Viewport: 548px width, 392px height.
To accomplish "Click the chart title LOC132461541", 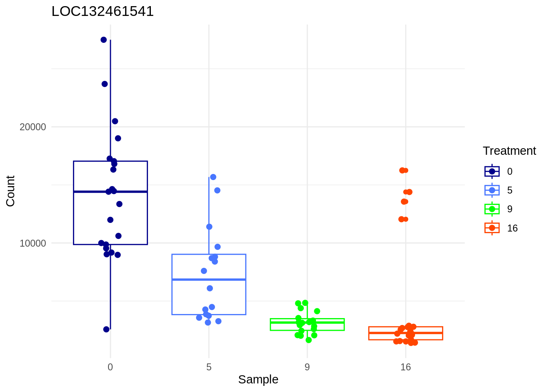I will (103, 11).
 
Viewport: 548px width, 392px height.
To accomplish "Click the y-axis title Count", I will (11, 191).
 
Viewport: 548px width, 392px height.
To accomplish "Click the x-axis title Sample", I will (258, 379).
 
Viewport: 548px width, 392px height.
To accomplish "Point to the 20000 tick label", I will (33, 127).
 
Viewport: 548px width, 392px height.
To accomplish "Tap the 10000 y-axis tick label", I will (33, 243).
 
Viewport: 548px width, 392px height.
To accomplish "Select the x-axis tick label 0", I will (110, 367).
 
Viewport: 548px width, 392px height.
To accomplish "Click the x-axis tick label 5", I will (209, 367).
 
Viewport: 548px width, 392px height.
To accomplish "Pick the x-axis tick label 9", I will (307, 367).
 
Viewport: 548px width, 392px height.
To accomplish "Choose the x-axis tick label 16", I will (406, 367).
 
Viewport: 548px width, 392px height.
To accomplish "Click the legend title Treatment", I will (509, 151).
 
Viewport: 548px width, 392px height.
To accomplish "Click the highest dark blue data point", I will (104, 40).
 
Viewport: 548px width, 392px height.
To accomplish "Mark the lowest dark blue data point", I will (106, 329).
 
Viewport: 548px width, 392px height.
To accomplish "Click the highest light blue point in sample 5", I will (213, 177).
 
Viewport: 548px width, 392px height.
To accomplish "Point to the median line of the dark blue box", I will (110, 192).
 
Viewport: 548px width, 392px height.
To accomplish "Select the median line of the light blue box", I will (209, 279).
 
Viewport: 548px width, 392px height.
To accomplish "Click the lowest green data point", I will (309, 340).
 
